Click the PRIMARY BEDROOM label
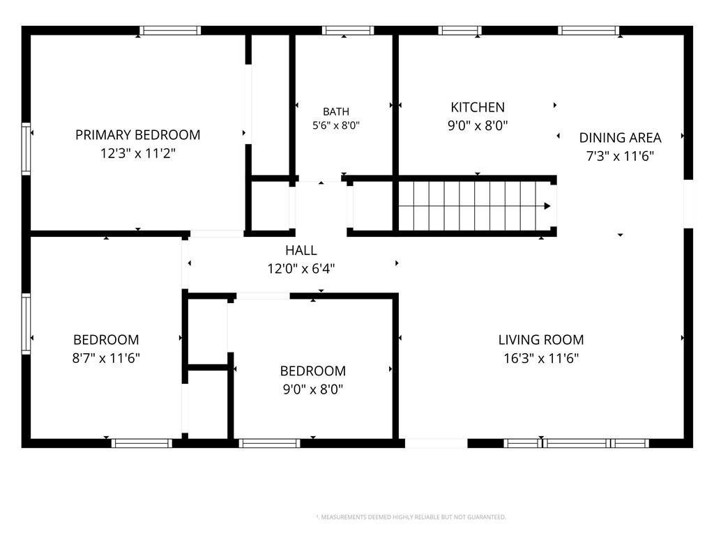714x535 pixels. [137, 135]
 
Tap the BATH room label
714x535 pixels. [336, 111]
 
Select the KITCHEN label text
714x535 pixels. [478, 107]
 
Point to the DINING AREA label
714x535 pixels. [620, 138]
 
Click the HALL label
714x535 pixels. [301, 250]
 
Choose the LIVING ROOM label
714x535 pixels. [541, 340]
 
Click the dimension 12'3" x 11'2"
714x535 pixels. [137, 153]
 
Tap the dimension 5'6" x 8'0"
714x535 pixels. [336, 125]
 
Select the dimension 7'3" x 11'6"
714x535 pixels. [620, 156]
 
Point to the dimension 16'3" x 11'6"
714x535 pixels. [541, 358]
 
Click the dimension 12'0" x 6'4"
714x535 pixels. [301, 268]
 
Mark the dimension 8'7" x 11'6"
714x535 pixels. [106, 358]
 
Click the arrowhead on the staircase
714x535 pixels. [547, 206]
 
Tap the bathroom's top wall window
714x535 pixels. [348, 31]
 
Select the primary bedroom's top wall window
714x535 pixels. [170, 31]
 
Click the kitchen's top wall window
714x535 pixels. [460, 31]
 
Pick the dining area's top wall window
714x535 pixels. [588, 31]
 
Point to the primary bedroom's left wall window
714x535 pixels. [26, 149]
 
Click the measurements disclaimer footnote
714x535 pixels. [411, 518]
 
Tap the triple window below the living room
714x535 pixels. [577, 443]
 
